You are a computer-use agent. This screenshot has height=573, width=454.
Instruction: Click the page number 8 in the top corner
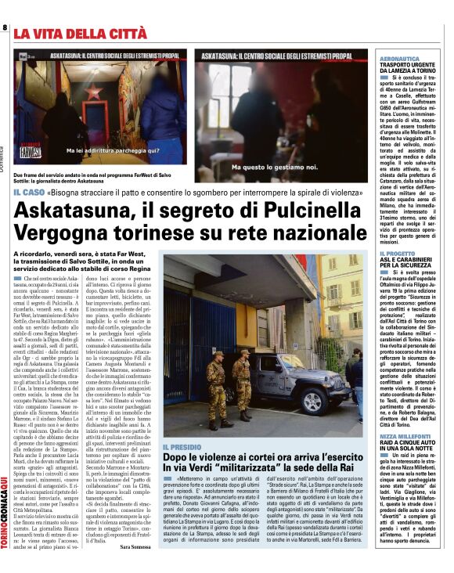tap(5, 28)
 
